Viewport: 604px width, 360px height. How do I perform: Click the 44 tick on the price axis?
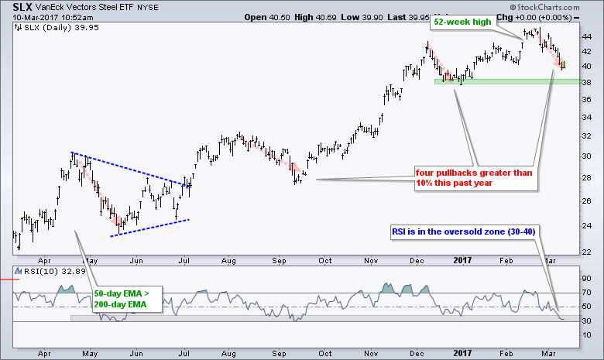click(x=588, y=36)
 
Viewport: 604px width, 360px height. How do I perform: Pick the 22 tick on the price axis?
click(x=588, y=251)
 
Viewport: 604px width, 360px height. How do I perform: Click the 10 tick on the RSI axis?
click(x=588, y=334)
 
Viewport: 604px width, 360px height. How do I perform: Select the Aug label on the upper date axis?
click(x=229, y=262)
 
